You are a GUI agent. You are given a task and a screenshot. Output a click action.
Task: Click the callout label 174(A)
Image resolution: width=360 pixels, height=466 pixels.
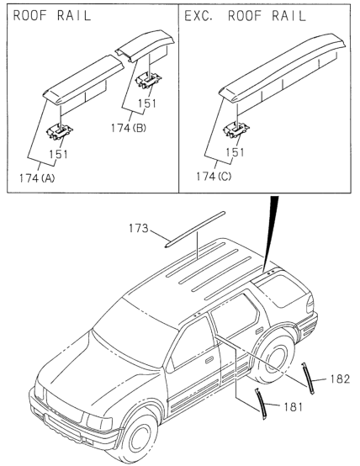tap(37, 178)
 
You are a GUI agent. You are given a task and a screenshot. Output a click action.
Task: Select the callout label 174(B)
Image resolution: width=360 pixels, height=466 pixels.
tap(129, 128)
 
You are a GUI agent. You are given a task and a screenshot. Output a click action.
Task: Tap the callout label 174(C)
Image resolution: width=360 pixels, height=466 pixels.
tap(214, 177)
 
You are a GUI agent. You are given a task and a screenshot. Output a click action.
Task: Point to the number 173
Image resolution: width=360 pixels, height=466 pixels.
tap(138, 228)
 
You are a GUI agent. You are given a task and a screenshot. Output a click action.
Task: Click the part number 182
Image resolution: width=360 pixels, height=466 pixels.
tap(340, 379)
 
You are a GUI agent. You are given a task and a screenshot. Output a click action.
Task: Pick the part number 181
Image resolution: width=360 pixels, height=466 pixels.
tap(293, 406)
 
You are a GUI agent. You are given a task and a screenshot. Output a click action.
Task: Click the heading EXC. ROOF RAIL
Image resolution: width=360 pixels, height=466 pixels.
tap(245, 16)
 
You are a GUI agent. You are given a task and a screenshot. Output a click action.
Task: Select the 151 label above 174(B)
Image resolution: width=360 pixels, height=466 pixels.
tap(147, 103)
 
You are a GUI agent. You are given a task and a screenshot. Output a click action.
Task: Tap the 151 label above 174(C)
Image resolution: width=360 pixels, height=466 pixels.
tap(235, 152)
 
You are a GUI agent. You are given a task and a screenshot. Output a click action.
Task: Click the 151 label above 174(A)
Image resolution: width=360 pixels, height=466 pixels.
tap(58, 154)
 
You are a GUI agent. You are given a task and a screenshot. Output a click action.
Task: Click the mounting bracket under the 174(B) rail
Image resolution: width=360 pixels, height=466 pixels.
tap(149, 80)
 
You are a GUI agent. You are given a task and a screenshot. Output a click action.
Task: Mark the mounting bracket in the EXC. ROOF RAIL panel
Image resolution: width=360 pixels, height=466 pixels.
tap(236, 130)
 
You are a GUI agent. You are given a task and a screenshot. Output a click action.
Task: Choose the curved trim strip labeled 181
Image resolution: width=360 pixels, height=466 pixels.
tap(261, 404)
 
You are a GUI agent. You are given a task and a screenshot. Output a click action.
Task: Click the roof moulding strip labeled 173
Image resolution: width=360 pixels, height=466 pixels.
tap(194, 229)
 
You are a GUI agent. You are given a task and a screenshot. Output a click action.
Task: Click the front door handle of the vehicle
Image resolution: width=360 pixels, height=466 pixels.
tap(209, 360)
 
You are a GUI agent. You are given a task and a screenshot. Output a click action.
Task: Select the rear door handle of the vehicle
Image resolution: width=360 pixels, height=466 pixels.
tap(259, 330)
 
